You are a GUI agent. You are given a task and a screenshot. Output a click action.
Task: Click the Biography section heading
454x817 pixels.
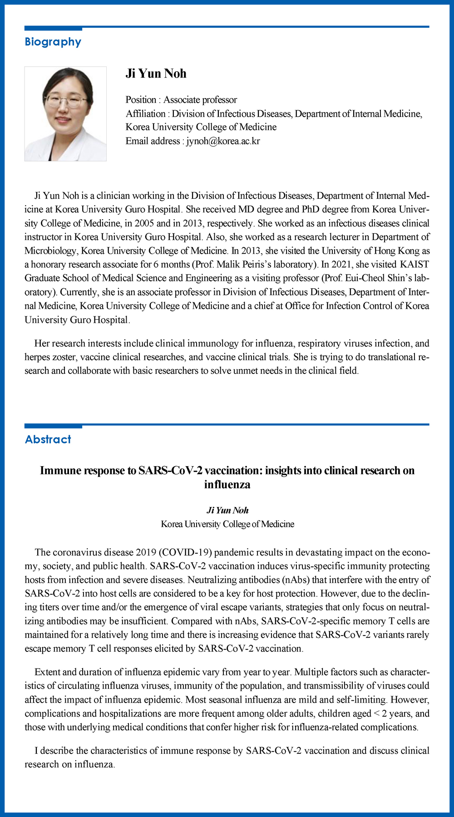coord(53,42)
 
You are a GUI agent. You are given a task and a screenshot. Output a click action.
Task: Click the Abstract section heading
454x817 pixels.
coord(48,439)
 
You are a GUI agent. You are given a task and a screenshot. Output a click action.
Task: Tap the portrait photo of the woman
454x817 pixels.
coord(65,114)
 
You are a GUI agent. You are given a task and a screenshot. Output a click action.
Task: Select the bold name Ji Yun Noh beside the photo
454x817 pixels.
coord(156,74)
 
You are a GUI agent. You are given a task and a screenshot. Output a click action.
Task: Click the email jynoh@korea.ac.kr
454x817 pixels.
coord(223,141)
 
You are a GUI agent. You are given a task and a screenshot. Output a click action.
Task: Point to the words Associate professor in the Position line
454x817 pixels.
coord(200,100)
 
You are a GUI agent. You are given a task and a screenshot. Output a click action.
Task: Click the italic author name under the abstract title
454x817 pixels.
coord(227,510)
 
